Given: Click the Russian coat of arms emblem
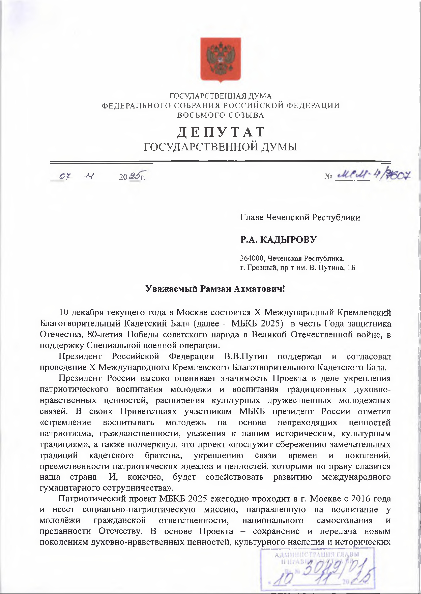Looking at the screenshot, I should [x=220, y=59].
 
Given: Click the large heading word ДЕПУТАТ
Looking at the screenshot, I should [x=221, y=132].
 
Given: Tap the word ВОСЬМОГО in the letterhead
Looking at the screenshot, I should [x=199, y=115].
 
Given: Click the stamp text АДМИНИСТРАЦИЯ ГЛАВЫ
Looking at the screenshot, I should [x=317, y=555].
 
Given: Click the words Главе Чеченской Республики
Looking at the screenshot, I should [x=300, y=217].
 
